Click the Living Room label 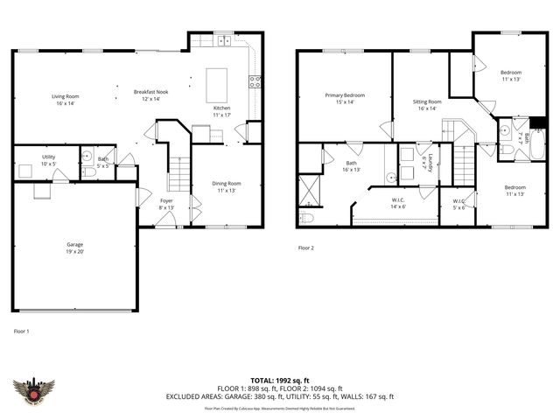(x=65, y=100)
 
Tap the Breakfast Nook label (x=150, y=94)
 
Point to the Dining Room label (x=226, y=186)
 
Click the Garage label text (x=75, y=248)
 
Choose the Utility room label (x=49, y=160)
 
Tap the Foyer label (x=166, y=204)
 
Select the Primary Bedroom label (x=345, y=99)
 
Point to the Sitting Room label (x=427, y=105)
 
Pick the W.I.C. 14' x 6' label (x=397, y=203)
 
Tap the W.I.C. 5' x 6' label (x=459, y=206)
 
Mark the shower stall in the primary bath (x=309, y=188)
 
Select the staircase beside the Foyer (x=178, y=174)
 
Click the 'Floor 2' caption (x=305, y=248)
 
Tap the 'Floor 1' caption (x=21, y=332)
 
